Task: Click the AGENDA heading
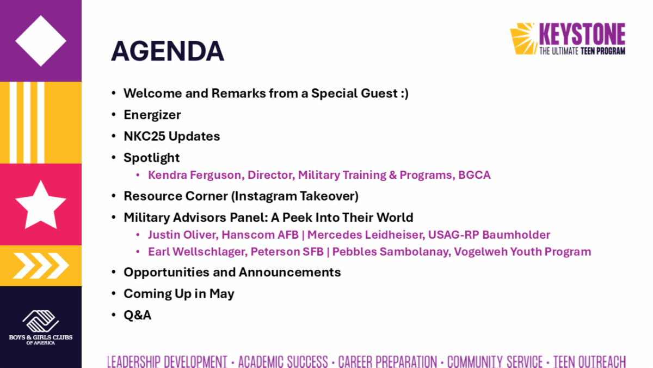[167, 51]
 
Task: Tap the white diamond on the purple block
[41, 40]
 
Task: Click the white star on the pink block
[41, 204]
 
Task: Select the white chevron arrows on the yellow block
[41, 266]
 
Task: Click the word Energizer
[152, 114]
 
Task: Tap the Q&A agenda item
[137, 315]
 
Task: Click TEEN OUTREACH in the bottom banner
[589, 361]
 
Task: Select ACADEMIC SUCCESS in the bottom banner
[283, 361]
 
